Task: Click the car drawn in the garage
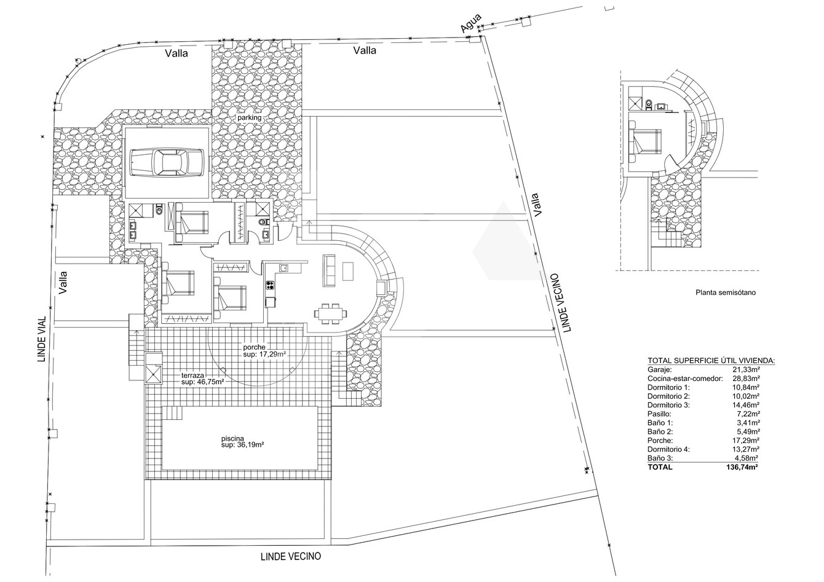pos(167,162)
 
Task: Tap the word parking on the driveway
pos(249,117)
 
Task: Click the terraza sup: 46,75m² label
pos(203,379)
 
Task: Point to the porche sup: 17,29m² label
pos(264,351)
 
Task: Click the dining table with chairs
pos(331,313)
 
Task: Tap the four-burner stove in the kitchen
pos(271,285)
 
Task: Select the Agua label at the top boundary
pos(471,23)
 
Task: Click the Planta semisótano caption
pos(726,293)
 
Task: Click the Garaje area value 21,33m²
pos(745,369)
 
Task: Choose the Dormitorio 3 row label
pos(669,405)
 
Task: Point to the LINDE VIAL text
pos(42,339)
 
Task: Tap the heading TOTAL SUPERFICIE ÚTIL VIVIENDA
pos(711,361)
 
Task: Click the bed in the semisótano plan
pos(645,141)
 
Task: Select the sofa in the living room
pos(329,270)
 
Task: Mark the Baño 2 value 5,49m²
pos(747,431)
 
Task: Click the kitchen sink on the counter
pos(283,268)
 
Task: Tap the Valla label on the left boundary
pos(63,282)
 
